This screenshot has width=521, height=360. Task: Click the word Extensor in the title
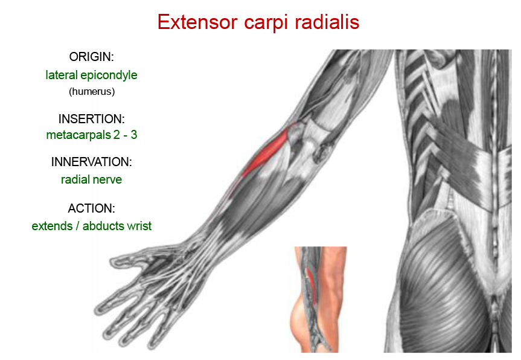197,22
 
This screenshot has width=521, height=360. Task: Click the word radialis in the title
327,22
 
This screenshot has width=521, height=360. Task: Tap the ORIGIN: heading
91,57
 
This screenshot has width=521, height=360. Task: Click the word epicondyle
109,76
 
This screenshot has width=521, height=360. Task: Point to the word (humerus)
92,91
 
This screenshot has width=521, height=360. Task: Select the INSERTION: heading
91,118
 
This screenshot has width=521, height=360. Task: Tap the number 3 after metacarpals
133,135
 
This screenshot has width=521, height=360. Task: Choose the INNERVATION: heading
91,162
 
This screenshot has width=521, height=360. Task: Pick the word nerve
106,180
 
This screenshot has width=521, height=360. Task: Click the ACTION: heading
91,208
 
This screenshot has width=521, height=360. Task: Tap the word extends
52,226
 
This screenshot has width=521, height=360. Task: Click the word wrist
139,226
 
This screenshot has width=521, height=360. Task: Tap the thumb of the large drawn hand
133,260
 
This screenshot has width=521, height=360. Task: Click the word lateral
62,75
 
